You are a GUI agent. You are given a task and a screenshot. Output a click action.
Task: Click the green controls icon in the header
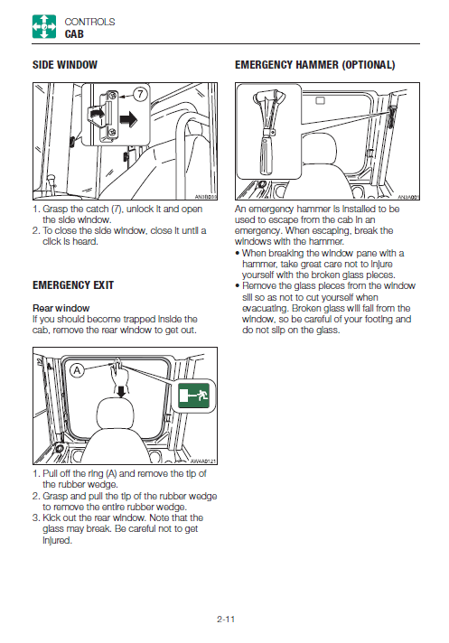pos(44,27)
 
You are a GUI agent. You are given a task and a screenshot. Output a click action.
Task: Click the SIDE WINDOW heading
pos(65,65)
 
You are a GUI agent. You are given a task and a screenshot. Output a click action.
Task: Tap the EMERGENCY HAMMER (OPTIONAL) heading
pos(315,65)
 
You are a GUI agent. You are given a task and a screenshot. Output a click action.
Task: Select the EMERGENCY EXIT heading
pos(73,285)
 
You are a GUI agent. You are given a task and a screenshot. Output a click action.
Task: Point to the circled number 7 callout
pos(140,94)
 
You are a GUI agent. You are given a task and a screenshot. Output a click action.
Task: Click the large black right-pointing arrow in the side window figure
pos(129,119)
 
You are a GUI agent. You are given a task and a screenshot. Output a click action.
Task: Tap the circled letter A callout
pos(77,370)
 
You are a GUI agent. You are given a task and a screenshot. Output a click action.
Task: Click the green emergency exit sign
pos(194,396)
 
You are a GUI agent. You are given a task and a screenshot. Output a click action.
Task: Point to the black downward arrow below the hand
pos(120,391)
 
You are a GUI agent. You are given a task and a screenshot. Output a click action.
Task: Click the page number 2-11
pos(226,620)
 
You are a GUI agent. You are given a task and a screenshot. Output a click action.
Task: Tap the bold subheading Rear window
pos(61,308)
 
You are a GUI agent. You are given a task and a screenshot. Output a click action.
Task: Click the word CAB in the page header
pos(74,34)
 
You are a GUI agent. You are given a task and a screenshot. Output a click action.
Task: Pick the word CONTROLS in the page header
pos(89,22)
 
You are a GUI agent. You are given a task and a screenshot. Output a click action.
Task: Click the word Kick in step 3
pos(51,518)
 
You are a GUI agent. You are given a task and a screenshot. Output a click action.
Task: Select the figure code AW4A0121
pos(203,461)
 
